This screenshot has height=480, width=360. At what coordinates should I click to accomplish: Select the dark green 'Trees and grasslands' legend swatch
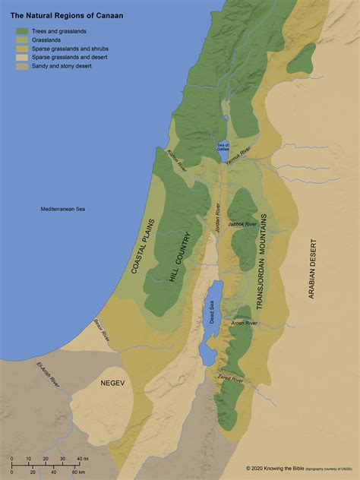point(23,31)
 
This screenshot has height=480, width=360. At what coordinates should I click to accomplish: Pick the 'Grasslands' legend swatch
point(23,39)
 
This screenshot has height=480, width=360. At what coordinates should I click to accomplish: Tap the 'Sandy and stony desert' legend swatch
point(23,66)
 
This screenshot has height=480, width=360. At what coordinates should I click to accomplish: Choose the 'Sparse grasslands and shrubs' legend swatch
point(23,49)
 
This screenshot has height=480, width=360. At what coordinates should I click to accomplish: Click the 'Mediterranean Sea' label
point(63,209)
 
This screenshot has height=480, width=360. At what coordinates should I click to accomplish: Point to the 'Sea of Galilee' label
point(223,147)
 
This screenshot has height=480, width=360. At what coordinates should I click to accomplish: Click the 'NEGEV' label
point(112,383)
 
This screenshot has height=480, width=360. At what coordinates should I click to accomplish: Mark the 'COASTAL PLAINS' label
point(144,246)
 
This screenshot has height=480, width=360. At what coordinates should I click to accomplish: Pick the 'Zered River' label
point(231,378)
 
